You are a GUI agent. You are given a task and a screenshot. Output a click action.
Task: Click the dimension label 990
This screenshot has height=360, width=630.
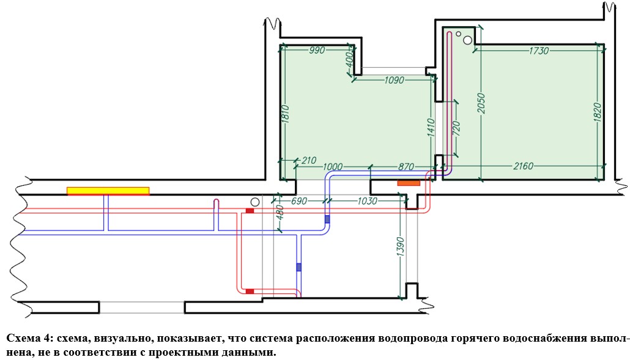317,51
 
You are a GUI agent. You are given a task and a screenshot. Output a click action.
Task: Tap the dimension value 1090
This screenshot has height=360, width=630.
394,80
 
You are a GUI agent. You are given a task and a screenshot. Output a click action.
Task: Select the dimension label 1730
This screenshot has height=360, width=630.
538,51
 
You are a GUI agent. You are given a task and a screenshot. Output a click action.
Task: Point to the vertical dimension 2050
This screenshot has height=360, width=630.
481,103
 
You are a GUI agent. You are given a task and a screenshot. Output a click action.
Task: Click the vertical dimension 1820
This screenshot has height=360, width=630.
597,112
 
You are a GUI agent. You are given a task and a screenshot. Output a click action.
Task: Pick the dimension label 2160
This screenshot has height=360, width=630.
523,166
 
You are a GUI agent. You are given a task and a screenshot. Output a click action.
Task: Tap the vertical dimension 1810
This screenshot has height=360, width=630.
285,114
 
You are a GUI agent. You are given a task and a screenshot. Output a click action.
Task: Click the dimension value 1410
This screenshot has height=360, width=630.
431,128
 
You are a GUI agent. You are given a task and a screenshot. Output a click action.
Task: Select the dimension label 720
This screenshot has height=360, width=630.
456,128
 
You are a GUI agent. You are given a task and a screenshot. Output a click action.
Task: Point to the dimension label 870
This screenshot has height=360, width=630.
406,166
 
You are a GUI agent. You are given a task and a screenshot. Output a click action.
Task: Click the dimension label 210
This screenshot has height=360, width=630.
308,161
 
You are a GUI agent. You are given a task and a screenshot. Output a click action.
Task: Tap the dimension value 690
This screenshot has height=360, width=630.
298,200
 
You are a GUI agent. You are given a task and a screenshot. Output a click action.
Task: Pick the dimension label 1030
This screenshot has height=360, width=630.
367,200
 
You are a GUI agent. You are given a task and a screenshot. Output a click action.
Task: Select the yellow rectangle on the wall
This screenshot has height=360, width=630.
108,191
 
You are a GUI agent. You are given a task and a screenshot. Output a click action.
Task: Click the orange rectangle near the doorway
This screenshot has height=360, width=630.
409,183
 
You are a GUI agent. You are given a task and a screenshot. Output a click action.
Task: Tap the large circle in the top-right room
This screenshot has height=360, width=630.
468,40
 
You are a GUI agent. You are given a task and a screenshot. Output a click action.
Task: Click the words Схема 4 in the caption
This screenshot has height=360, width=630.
28,339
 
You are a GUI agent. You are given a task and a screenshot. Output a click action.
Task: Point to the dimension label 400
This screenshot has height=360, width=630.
349,60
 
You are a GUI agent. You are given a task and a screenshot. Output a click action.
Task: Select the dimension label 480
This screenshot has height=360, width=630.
280,213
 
